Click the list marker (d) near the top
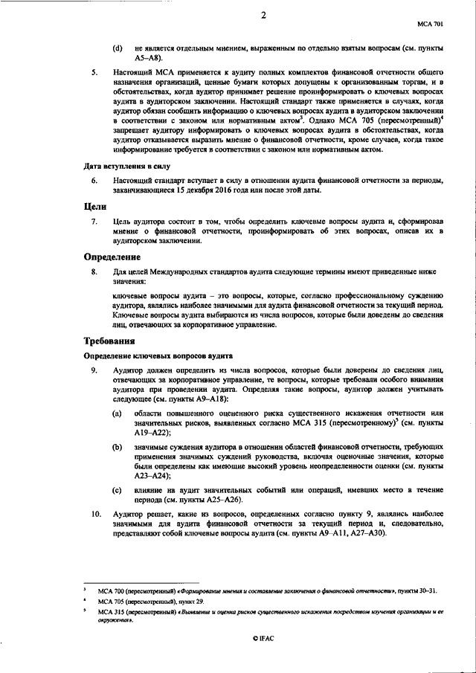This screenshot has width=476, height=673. coord(117,48)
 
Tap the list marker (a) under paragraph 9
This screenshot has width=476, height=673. coord(117,412)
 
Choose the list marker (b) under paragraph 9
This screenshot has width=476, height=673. coord(117,446)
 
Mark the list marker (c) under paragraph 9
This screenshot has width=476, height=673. coord(117,489)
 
